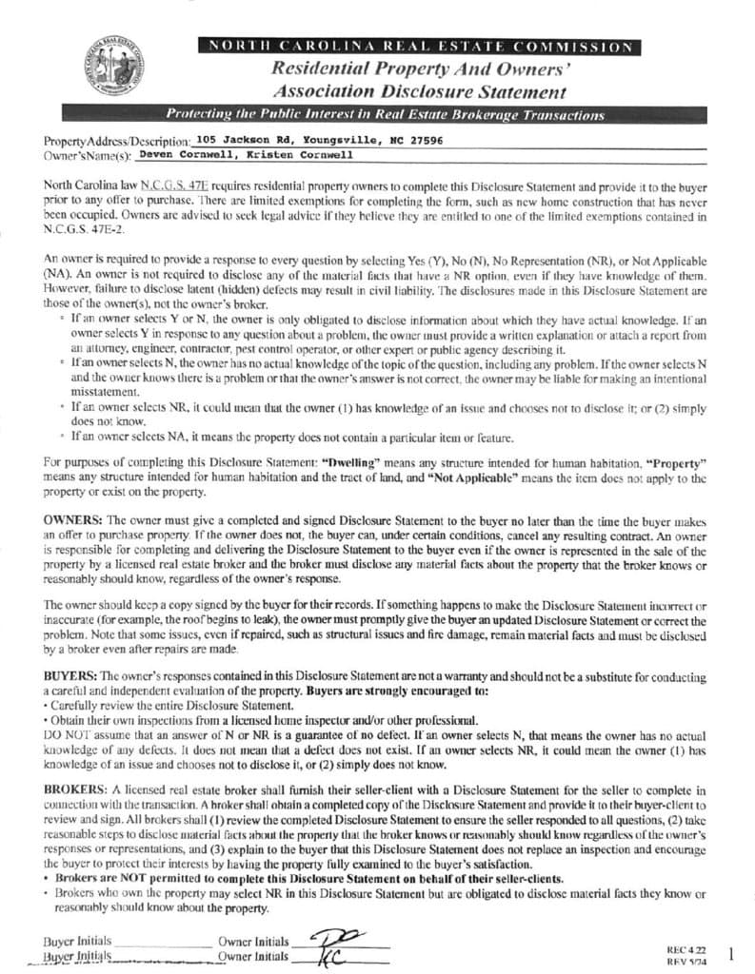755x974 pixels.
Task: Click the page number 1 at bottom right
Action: pos(730,952)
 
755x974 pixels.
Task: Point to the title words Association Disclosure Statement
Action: pos(419,92)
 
